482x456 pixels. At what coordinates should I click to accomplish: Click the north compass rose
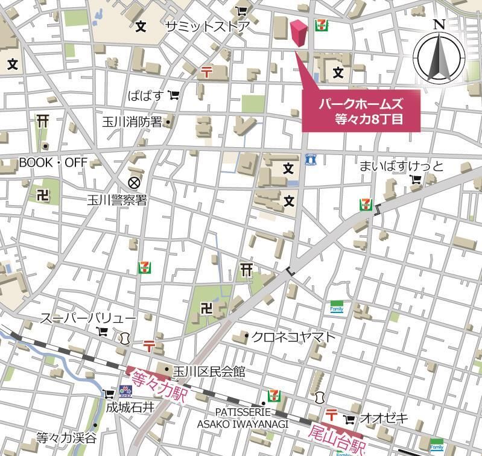(x=439, y=55)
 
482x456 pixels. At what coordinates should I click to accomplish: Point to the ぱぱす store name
(x=145, y=95)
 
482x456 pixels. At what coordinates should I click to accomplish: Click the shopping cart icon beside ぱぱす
(x=174, y=95)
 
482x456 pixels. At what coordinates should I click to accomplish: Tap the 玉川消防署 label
(x=132, y=122)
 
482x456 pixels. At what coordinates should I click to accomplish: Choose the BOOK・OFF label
(x=53, y=162)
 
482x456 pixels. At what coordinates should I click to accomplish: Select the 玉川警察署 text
(x=124, y=200)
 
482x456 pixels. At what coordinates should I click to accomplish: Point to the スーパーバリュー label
(x=88, y=318)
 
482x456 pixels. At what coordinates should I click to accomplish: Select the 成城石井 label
(x=130, y=407)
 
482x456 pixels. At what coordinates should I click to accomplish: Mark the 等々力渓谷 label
(x=66, y=437)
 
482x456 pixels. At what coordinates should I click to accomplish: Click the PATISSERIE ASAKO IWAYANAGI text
(x=243, y=417)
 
